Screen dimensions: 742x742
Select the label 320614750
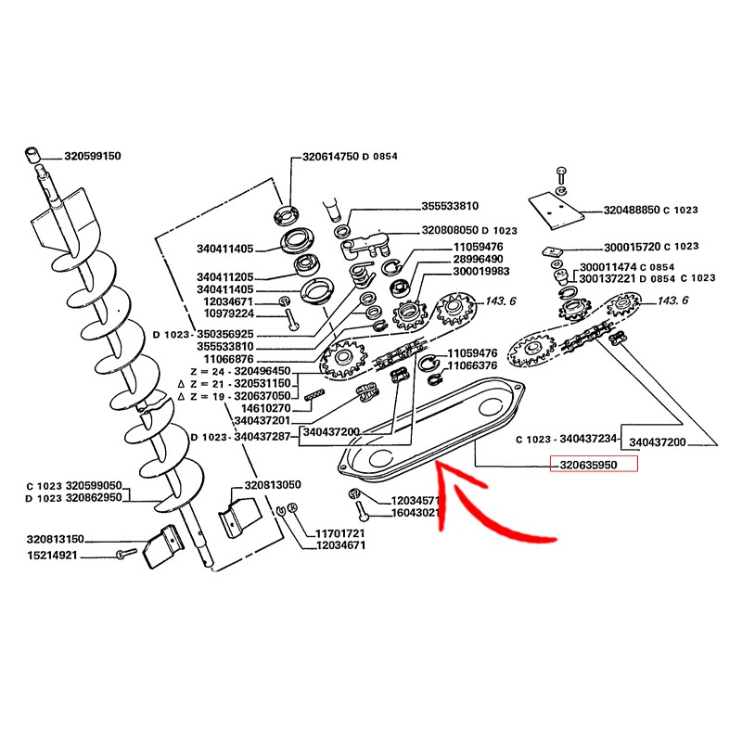point(331,157)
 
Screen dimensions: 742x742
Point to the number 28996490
point(479,259)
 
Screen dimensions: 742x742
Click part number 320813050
point(273,485)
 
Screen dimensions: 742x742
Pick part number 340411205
point(224,277)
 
